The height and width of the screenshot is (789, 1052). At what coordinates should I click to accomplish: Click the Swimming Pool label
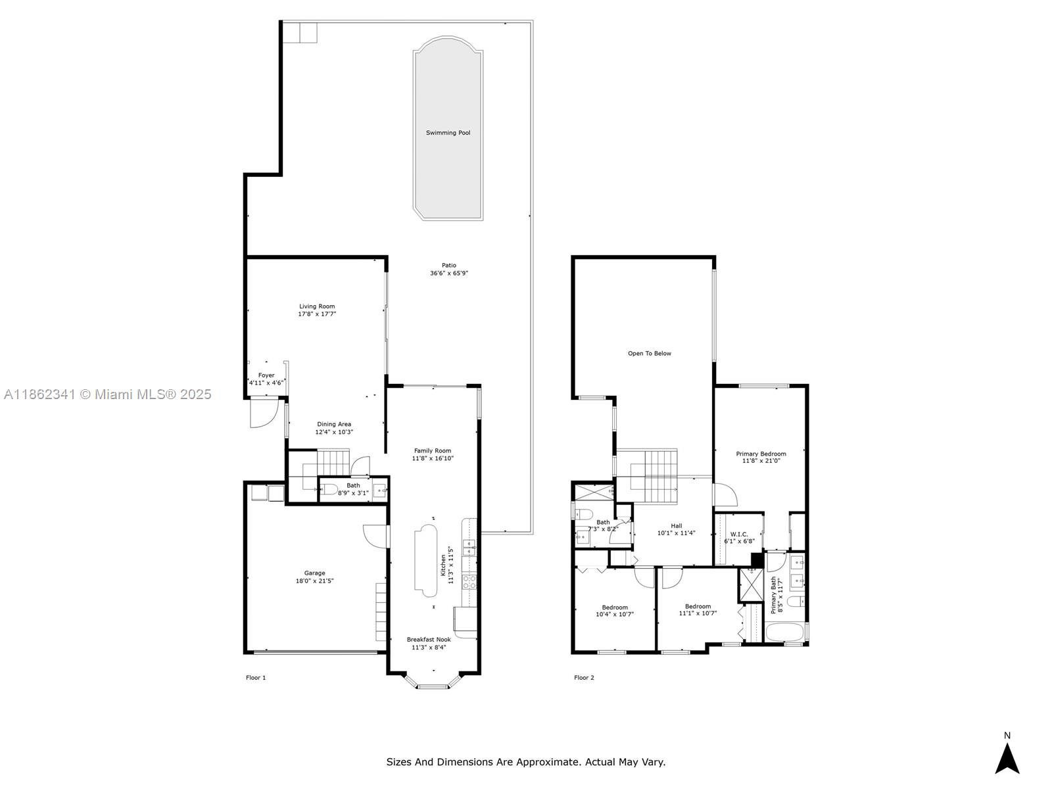(x=448, y=133)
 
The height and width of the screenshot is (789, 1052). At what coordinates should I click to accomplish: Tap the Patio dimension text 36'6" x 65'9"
(x=448, y=273)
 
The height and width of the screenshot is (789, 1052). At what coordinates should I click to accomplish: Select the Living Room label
(x=317, y=306)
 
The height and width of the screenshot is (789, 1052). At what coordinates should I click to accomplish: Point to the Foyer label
(x=266, y=375)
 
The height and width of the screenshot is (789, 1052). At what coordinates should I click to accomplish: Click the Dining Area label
(x=333, y=424)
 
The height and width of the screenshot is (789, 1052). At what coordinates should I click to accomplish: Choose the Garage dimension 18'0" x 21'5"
(x=314, y=581)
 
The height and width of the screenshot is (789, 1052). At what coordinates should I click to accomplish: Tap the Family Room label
(x=432, y=450)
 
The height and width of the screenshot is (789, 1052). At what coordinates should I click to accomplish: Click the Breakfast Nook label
(x=429, y=640)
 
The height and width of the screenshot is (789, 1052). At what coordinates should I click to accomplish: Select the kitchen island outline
(x=425, y=560)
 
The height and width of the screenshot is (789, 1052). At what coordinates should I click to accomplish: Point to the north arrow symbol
(x=1007, y=758)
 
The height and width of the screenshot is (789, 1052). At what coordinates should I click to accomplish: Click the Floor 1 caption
(x=256, y=677)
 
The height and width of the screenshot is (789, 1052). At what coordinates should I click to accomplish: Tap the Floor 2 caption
(x=584, y=677)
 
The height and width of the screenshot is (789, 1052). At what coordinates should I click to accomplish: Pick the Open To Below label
(x=650, y=354)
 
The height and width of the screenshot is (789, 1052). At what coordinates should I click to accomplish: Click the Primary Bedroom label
(x=761, y=454)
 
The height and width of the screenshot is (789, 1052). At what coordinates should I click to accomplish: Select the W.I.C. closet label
(x=739, y=534)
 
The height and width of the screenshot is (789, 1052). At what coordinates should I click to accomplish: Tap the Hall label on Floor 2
(x=677, y=525)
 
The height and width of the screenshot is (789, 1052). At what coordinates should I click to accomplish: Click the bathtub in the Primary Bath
(x=784, y=632)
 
